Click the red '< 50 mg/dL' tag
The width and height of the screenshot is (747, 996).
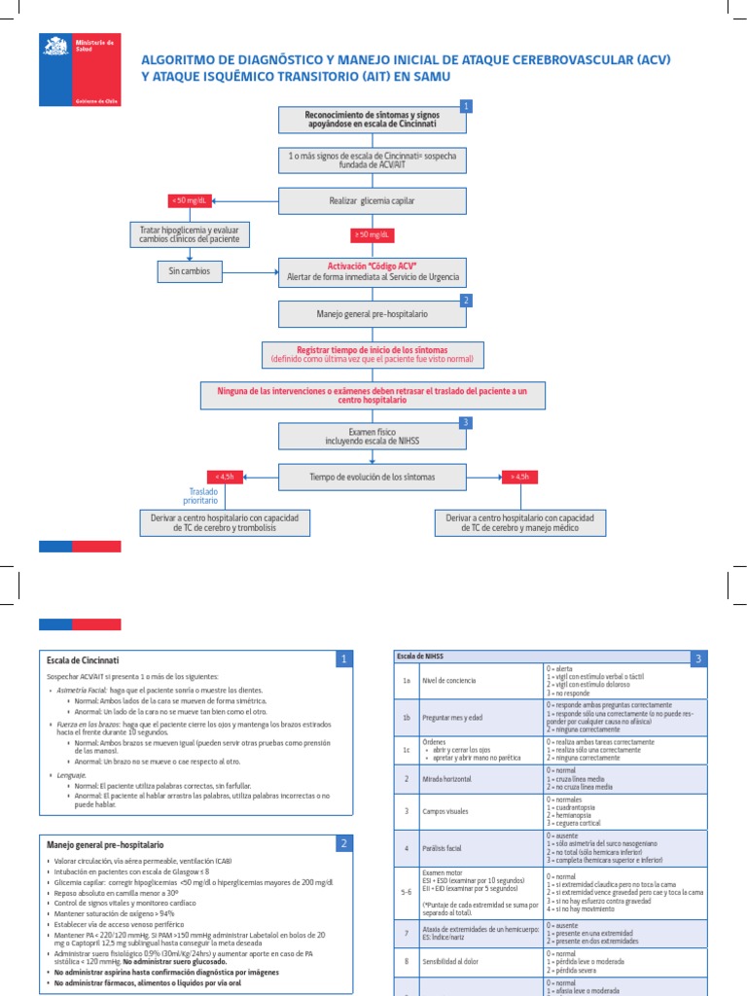tap(190, 201)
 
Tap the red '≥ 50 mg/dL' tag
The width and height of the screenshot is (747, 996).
tap(373, 235)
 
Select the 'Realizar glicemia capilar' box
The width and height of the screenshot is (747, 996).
tap(373, 201)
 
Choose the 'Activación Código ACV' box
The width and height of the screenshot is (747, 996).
tap(373, 271)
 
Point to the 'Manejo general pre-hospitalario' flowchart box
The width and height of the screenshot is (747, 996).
tap(373, 315)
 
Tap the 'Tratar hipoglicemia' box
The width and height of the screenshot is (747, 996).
tap(190, 234)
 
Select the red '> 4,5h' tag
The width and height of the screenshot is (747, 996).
tap(521, 477)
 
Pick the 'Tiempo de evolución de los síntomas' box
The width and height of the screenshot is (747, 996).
tap(373, 478)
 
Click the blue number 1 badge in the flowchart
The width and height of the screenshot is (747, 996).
tap(466, 106)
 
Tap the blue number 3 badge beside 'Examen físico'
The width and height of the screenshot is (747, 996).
tap(466, 423)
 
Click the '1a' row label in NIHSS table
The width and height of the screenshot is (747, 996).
tap(406, 681)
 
